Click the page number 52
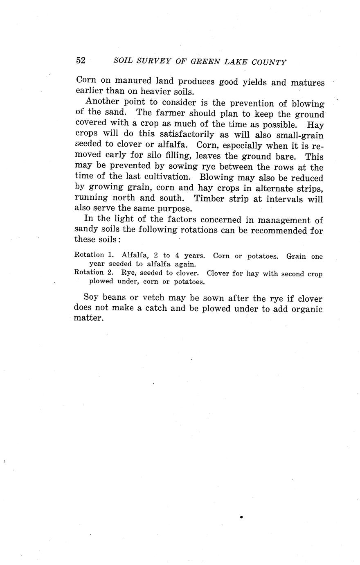point(81,61)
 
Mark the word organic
point(307,309)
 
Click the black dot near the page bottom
point(241,517)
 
